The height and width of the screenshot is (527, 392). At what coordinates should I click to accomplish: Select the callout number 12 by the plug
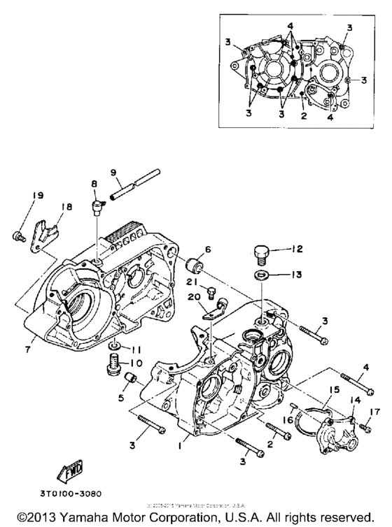click(297, 248)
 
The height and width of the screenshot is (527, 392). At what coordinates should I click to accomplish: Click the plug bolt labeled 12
click(261, 253)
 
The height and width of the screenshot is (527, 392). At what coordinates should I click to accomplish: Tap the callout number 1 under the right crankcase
click(182, 443)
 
